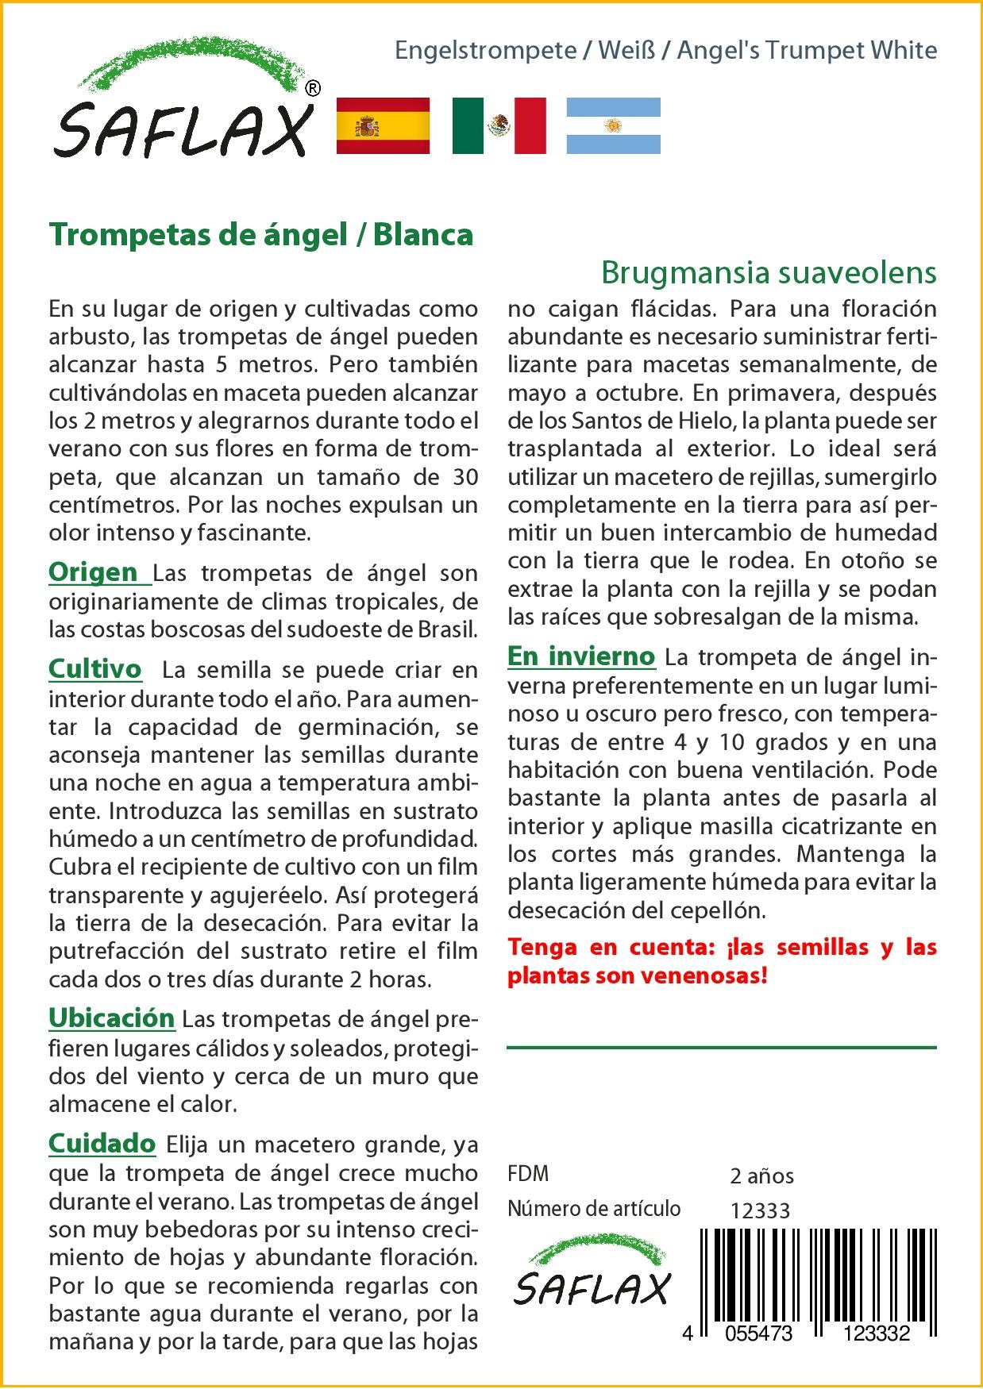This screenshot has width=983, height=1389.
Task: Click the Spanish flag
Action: coord(383,125)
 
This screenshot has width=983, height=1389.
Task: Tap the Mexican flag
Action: coord(499,125)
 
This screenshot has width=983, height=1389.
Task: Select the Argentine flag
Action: coord(613,125)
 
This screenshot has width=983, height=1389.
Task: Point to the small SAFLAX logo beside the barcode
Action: coord(592,1279)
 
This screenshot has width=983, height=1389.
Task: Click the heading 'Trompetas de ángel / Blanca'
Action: coord(261,235)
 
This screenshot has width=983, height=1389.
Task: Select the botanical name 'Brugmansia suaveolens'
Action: coord(769,272)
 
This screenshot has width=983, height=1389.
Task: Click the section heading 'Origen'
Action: coord(94,571)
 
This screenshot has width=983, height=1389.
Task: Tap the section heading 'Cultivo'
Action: coord(95,669)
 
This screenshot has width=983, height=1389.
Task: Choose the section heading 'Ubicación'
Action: coord(111,1018)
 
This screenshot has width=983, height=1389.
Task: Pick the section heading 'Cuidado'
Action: coord(102,1143)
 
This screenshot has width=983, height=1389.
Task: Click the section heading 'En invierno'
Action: coord(581,656)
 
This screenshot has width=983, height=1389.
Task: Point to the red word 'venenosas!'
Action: coord(708,975)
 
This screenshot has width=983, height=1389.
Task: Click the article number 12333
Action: coord(760,1210)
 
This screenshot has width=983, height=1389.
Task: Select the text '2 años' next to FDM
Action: coord(761,1175)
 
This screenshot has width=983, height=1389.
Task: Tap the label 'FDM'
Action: coord(528,1174)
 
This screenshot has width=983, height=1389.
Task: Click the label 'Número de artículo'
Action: coord(594,1209)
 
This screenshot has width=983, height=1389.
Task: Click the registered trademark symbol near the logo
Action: coord(313,89)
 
